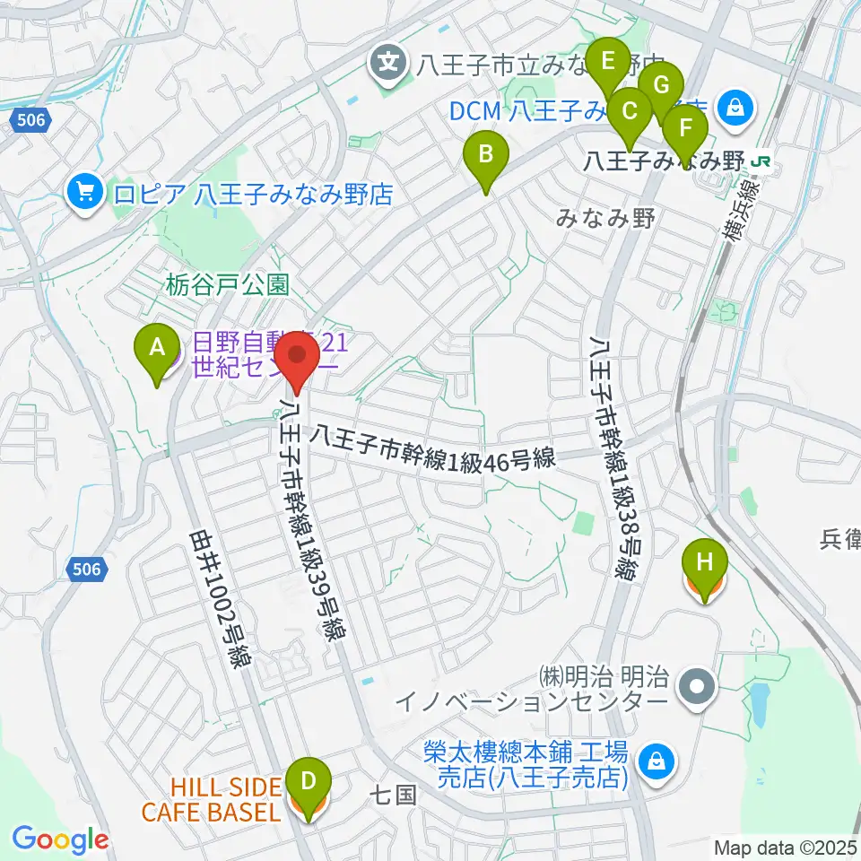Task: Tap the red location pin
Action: click(296, 360)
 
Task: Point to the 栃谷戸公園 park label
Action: click(228, 286)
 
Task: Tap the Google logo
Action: click(60, 840)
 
